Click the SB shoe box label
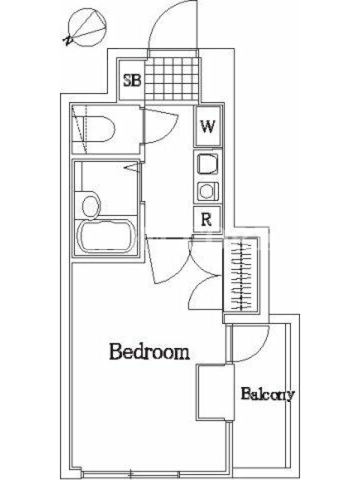(x=132, y=80)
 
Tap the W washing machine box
(x=208, y=126)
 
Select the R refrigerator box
(x=207, y=219)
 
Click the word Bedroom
(x=149, y=352)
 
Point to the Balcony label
(x=268, y=394)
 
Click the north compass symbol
(x=86, y=28)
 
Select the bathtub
(x=107, y=236)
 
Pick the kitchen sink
(x=208, y=164)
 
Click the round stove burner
(x=206, y=191)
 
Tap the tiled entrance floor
(x=173, y=79)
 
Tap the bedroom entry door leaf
(x=151, y=260)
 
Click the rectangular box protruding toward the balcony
(x=215, y=392)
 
